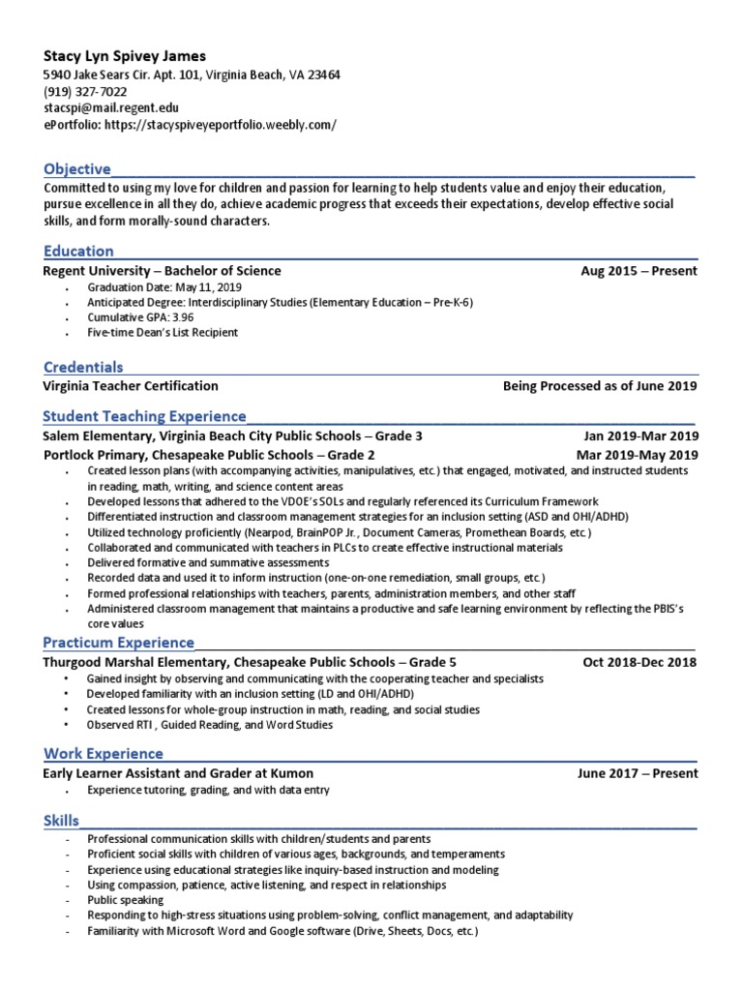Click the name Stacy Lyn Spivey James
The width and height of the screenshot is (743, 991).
pyautogui.click(x=125, y=56)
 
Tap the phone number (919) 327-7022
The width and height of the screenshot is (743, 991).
pyautogui.click(x=85, y=92)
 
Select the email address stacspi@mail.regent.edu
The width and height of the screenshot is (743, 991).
pyautogui.click(x=111, y=108)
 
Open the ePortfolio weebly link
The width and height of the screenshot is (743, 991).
pyautogui.click(x=190, y=125)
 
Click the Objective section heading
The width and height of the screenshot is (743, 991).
pyautogui.click(x=77, y=169)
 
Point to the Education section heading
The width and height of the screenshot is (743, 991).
pyautogui.click(x=78, y=252)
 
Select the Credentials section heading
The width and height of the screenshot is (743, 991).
pyautogui.click(x=83, y=367)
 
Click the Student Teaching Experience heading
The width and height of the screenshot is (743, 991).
pyautogui.click(x=145, y=416)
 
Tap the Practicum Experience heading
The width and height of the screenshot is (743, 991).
pyautogui.click(x=119, y=643)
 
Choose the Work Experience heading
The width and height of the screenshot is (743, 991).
pyautogui.click(x=104, y=753)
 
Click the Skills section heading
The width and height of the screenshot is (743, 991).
pyautogui.click(x=61, y=821)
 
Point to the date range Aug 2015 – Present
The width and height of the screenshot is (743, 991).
pyautogui.click(x=639, y=271)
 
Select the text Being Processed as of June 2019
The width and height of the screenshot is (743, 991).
pyautogui.click(x=600, y=385)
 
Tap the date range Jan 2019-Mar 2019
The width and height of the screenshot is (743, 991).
pyautogui.click(x=640, y=436)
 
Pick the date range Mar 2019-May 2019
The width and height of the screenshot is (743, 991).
pyautogui.click(x=637, y=455)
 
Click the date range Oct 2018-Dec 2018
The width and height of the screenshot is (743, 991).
pyautogui.click(x=639, y=663)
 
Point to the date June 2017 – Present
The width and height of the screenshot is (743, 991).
pyautogui.click(x=637, y=773)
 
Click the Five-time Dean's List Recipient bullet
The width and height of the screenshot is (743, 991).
pyautogui.click(x=163, y=332)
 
